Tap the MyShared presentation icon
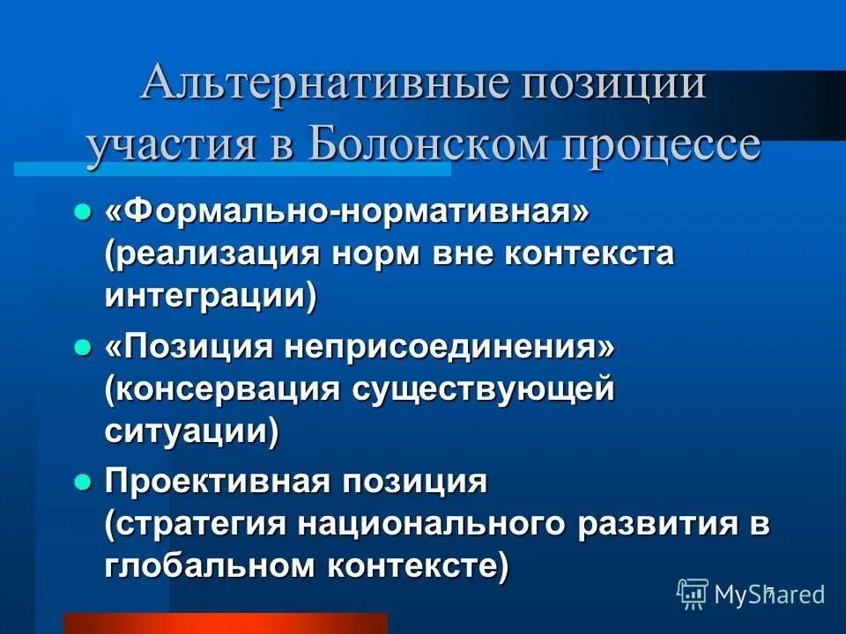tap(692, 593)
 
